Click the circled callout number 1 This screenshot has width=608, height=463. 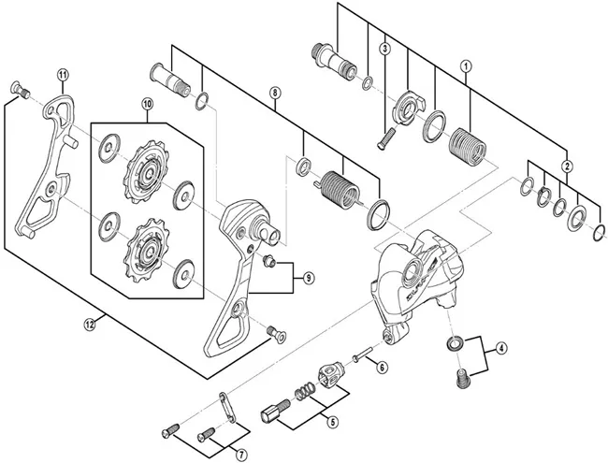point(466,66)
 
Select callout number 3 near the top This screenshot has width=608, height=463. point(384,49)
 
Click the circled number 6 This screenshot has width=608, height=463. point(381,368)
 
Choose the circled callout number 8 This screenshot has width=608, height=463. point(274,93)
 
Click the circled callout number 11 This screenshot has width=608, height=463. point(63,75)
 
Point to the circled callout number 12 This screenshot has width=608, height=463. point(89,325)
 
